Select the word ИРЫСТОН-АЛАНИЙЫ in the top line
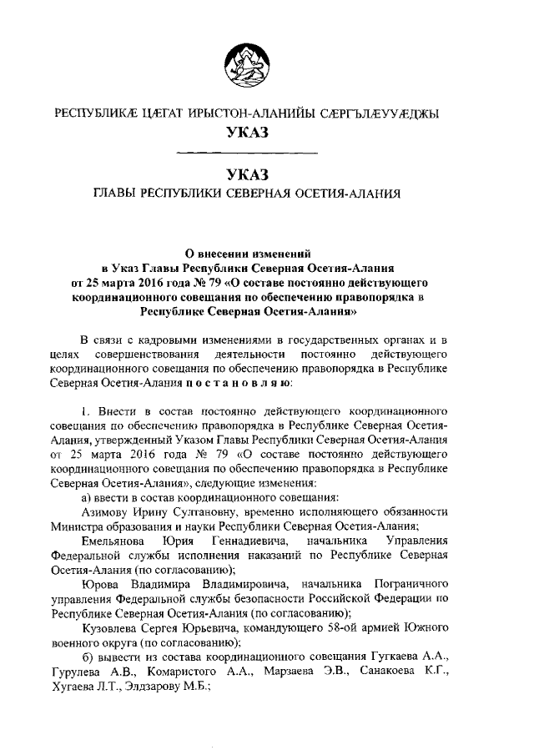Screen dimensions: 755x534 click(x=236, y=113)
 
